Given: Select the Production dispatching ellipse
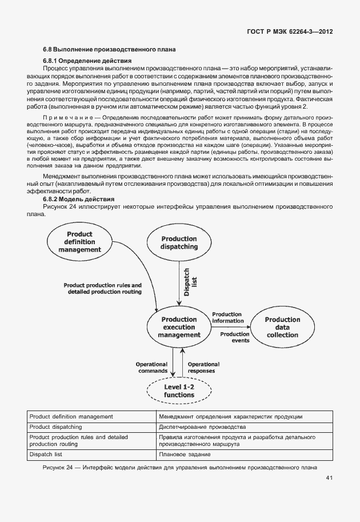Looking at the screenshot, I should tap(179, 243).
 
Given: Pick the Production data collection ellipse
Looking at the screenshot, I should tap(282, 328).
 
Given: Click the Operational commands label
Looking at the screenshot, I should tap(151, 367).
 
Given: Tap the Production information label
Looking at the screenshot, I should tap(227, 318).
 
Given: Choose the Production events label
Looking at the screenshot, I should tap(234, 337).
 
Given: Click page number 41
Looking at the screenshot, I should tap(330, 478).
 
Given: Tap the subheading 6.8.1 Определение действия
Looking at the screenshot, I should tap(87, 61).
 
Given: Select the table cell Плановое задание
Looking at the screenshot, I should tap(185, 455).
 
